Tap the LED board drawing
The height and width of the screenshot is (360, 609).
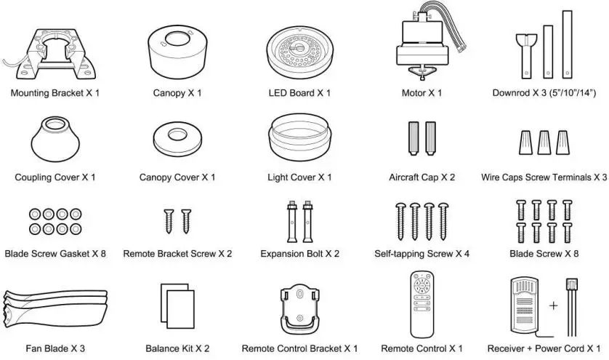[x=299, y=47]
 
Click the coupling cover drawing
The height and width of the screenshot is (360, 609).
[x=54, y=139]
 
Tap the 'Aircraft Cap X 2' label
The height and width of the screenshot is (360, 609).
[x=422, y=177]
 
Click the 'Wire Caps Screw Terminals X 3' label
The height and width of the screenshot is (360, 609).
[x=544, y=177]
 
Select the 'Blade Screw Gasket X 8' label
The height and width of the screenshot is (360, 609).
[x=55, y=254]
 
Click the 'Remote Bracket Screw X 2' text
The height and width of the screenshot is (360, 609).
[x=177, y=254]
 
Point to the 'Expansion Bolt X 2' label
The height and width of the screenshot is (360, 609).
[x=299, y=254]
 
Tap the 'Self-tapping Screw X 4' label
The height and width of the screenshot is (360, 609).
[x=422, y=254]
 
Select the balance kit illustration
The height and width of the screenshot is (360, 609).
[x=177, y=305]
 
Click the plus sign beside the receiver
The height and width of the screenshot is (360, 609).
[x=554, y=305]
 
